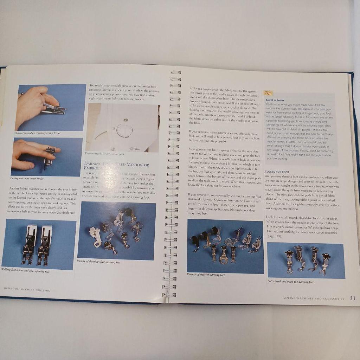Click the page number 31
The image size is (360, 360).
coord(352,298)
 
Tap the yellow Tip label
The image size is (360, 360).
coord(268,93)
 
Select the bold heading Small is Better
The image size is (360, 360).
coord(275,100)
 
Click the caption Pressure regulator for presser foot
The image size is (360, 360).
coord(104,154)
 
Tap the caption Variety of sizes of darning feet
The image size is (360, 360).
coord(206,275)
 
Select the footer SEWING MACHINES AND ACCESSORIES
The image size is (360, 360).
coord(314,299)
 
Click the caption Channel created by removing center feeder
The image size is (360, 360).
coord(37,133)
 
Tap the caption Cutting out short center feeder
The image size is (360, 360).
coord(27,178)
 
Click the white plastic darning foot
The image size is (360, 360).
coord(95,236)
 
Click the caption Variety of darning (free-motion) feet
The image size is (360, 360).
coord(99,262)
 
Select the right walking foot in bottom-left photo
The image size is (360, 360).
coord(44,245)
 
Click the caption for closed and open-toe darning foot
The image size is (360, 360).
coord(290,282)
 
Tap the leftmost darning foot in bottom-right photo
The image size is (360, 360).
coord(289,262)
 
